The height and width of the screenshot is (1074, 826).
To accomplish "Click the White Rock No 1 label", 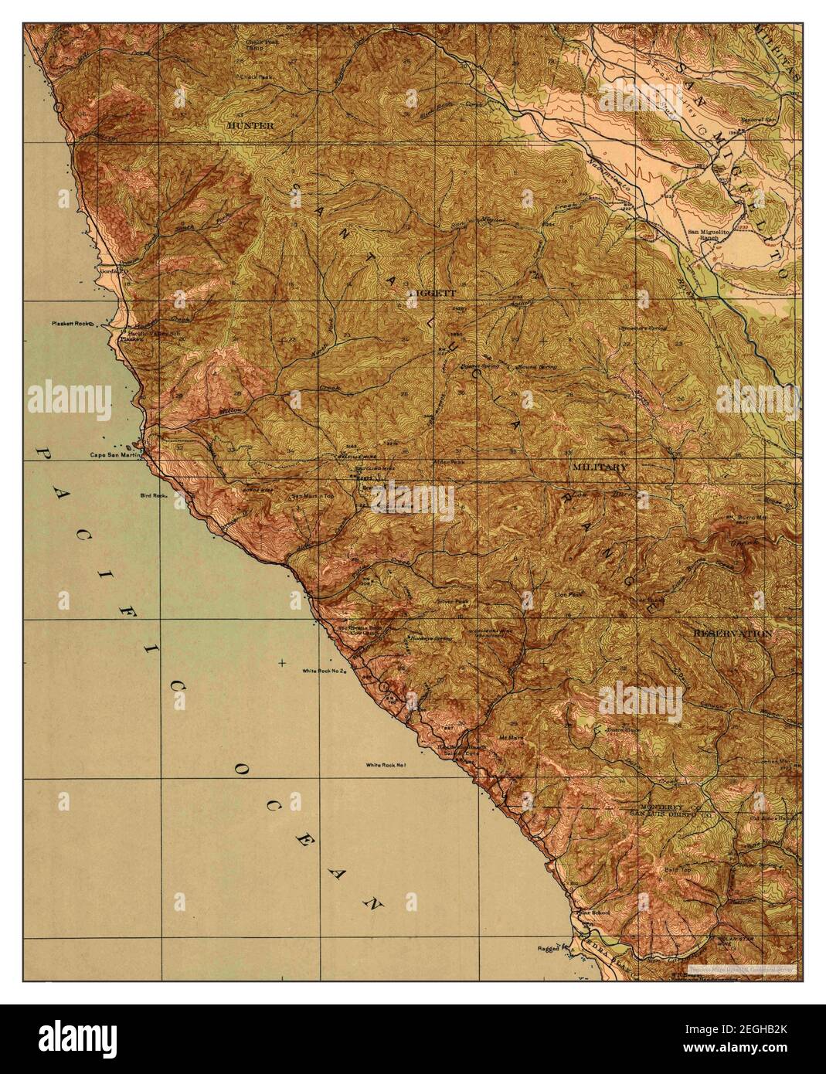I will click(386, 765).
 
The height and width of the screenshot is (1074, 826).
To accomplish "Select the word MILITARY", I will click(600, 467).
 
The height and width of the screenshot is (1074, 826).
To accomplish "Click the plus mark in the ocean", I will click(282, 663).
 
